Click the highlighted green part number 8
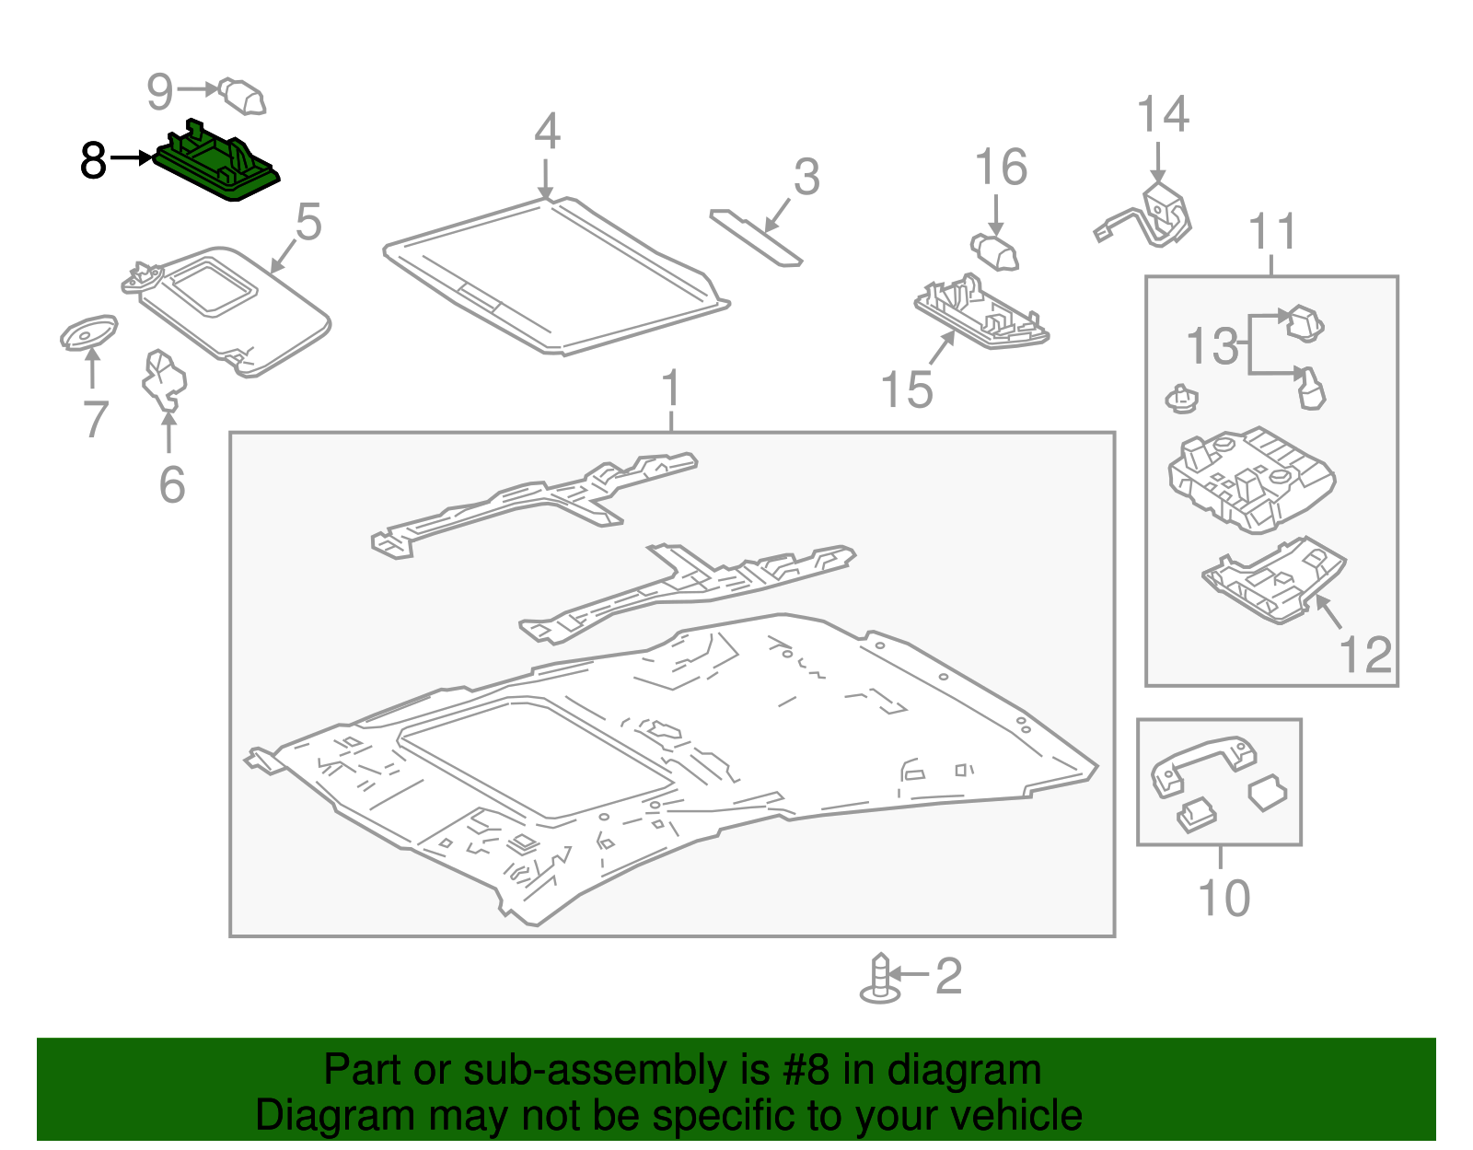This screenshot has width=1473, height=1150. (216, 167)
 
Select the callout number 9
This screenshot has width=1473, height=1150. (159, 91)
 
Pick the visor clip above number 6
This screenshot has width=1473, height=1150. (164, 377)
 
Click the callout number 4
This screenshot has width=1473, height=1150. (547, 133)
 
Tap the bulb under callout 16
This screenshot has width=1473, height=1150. (995, 251)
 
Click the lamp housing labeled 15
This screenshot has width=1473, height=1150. (981, 312)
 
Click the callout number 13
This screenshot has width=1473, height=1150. (1212, 347)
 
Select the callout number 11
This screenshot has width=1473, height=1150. (1272, 232)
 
